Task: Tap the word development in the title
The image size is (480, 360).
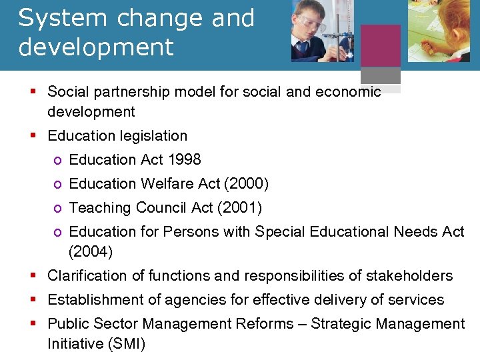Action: coord(96,47)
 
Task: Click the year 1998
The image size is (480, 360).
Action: coord(184,160)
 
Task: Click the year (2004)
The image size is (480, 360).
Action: coord(91,252)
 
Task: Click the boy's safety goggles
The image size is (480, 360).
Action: coord(308,21)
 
